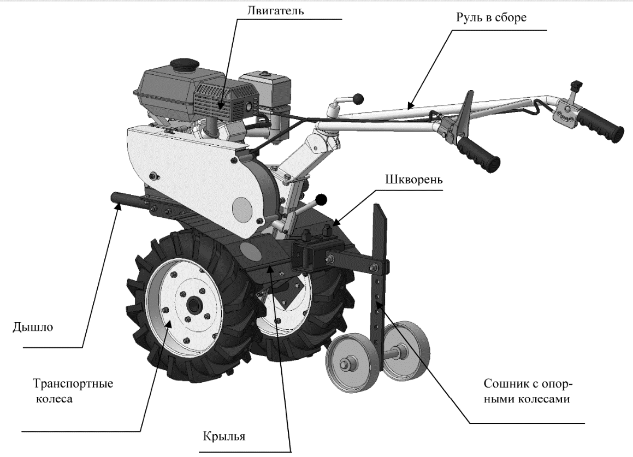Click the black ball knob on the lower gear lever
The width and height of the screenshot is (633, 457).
coord(322,199)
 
